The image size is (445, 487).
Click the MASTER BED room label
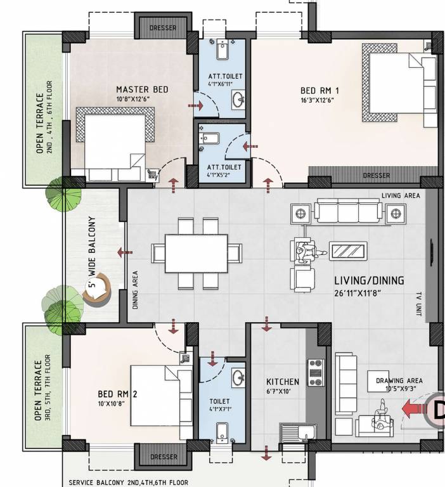click(142, 89)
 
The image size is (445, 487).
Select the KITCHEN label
click(282, 382)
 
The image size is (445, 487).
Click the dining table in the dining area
click(196, 252)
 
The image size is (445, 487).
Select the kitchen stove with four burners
click(315, 372)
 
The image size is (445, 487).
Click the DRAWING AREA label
click(399, 380)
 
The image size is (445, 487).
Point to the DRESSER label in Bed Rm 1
click(376, 176)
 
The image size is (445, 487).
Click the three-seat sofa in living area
click(348, 211)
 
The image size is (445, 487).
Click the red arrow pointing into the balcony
click(125, 253)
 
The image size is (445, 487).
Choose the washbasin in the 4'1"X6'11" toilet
click(238, 100)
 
